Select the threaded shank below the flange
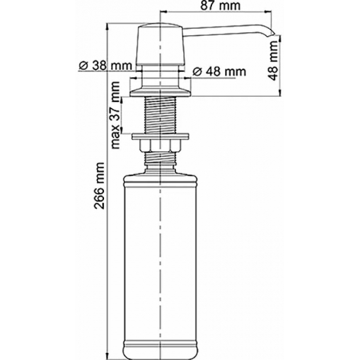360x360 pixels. (161, 111)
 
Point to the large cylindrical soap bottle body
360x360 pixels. (161, 249)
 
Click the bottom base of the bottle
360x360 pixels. (161, 343)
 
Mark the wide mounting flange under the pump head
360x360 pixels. (161, 81)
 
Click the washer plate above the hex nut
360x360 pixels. (161, 136)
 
